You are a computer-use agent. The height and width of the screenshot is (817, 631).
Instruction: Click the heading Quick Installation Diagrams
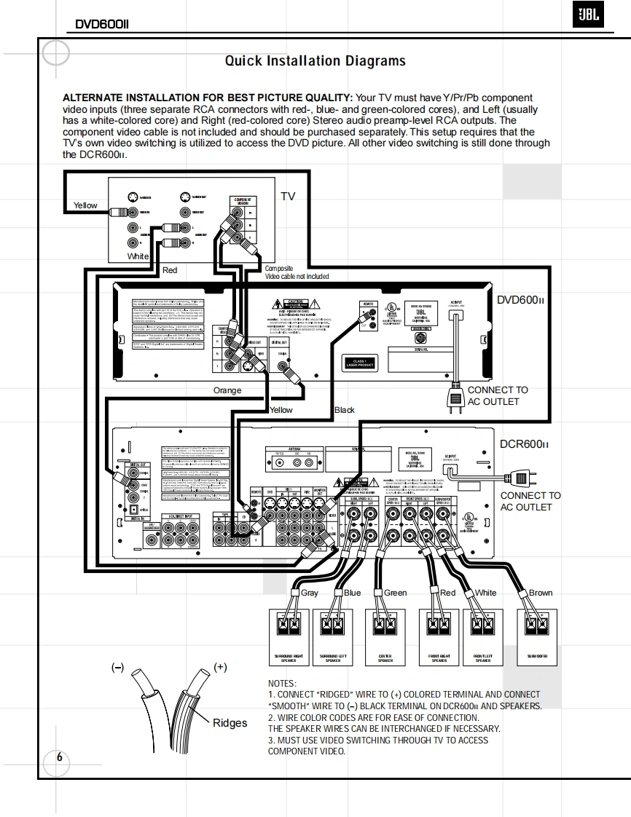[x=315, y=61]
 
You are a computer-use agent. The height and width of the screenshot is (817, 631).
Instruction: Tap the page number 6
[x=60, y=757]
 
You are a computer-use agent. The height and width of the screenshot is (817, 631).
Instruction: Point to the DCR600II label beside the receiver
[x=524, y=444]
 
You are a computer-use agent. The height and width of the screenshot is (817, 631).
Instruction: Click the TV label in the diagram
[x=288, y=197]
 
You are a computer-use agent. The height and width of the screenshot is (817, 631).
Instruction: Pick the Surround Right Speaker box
[x=289, y=633]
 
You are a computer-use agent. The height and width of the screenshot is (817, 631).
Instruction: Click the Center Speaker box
[x=385, y=633]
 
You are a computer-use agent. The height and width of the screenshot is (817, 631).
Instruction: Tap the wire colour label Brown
[x=541, y=593]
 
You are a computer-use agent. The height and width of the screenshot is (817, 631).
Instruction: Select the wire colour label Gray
[x=310, y=593]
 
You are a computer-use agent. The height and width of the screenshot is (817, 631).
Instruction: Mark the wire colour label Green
[x=395, y=593]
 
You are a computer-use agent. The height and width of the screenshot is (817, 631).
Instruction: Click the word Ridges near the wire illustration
[x=230, y=723]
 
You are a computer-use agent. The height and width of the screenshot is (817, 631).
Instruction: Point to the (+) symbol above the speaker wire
[x=220, y=667]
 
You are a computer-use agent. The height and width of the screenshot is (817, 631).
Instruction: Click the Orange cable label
[x=227, y=391]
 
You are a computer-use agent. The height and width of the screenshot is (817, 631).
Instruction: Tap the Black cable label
[x=344, y=410]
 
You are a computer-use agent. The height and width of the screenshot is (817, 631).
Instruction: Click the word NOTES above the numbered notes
[x=282, y=683]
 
